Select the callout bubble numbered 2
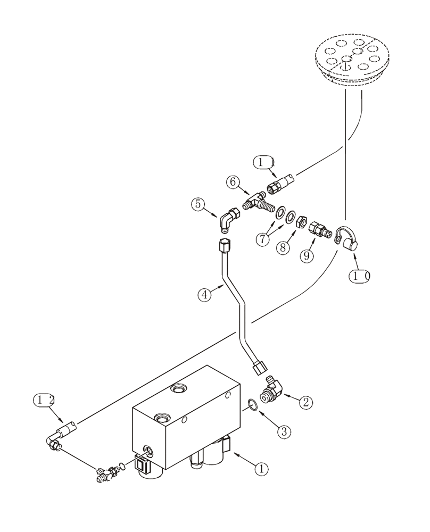pos(305,402)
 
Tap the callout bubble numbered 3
pos(284,431)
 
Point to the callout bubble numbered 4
pos(205,295)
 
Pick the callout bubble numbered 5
pos(198,204)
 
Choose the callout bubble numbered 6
pos(232,182)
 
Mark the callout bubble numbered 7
pos(261,239)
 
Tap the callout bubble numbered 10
pos(359,276)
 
